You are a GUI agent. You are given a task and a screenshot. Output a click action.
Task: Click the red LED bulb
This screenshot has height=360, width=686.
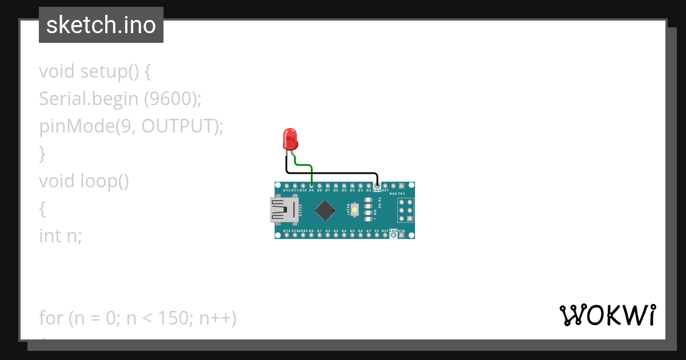(290, 139)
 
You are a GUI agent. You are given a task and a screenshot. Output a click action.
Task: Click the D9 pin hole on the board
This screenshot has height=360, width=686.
(311, 186)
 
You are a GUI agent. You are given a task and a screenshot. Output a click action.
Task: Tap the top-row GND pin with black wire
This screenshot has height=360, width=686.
(377, 186)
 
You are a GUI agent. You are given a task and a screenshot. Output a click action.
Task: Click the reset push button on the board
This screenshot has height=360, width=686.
(355, 210)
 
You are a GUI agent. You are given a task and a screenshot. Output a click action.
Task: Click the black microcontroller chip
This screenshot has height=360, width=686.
(325, 210)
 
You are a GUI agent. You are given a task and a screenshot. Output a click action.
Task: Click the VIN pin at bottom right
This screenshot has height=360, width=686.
(401, 234)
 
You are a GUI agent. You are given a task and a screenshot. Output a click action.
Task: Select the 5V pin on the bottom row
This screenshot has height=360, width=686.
(377, 234)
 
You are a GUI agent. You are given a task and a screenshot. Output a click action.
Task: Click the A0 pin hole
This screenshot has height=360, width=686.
(311, 234)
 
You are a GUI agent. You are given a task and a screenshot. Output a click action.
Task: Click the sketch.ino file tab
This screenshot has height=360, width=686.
(101, 25)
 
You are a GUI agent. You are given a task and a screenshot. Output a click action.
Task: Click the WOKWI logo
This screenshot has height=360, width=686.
(607, 315)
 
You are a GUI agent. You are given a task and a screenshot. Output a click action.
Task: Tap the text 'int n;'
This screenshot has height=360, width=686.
(61, 235)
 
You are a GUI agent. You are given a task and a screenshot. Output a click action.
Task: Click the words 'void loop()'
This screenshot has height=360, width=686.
(84, 181)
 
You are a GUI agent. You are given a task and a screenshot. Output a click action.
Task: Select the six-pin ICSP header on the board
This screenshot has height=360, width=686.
(405, 210)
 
